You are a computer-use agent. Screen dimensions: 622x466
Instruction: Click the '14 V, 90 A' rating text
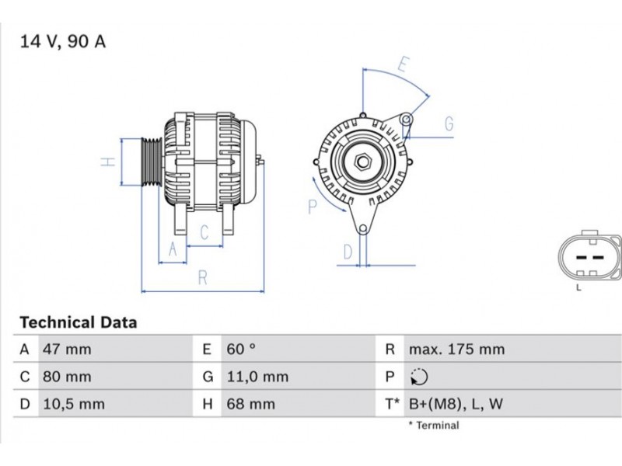tap(63, 42)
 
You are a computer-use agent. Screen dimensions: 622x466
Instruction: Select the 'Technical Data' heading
tap(79, 322)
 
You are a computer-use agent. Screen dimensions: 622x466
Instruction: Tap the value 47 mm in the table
tap(67, 349)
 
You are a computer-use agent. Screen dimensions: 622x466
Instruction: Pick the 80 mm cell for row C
tap(67, 377)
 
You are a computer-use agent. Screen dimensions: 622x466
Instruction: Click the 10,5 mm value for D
tap(74, 404)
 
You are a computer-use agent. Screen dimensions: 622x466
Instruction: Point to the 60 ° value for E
tap(241, 349)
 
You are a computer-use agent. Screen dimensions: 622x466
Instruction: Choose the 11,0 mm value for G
tap(257, 377)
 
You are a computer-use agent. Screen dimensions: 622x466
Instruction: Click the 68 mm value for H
tap(250, 404)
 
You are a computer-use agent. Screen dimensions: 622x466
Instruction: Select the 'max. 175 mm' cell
tap(456, 349)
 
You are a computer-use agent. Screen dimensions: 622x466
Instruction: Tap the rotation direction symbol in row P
tap(419, 377)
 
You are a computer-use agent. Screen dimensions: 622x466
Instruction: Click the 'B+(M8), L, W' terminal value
tap(456, 404)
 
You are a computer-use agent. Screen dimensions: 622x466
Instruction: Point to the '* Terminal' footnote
tap(434, 426)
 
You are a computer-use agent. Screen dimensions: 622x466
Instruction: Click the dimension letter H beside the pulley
tap(108, 162)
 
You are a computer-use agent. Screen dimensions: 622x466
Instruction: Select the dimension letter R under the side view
tap(203, 278)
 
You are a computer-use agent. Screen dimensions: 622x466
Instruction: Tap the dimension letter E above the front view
tap(403, 64)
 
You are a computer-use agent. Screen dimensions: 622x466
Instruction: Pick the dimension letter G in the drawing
tap(449, 123)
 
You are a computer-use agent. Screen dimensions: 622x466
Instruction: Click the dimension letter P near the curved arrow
tap(313, 207)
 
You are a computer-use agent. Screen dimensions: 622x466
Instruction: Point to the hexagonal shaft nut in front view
tap(362, 162)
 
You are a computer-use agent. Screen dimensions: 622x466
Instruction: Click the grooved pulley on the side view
tap(151, 162)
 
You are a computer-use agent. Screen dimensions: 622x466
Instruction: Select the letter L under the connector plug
tap(578, 287)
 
